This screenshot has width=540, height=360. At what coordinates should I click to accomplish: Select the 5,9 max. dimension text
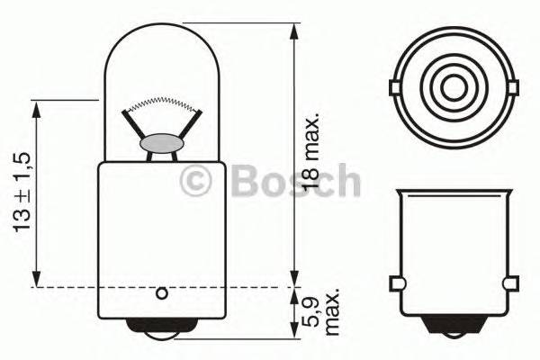(x=321, y=314)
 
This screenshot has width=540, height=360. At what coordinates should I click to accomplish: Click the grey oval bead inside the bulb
(x=163, y=143)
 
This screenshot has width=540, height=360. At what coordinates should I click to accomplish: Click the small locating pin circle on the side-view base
(x=161, y=293)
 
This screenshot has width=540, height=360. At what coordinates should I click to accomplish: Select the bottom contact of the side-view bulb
(x=162, y=330)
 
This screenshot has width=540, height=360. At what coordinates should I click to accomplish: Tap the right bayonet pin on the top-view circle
(x=514, y=88)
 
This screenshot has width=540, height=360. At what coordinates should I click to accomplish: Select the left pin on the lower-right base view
(x=397, y=285)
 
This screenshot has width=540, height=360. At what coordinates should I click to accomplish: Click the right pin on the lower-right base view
(x=514, y=285)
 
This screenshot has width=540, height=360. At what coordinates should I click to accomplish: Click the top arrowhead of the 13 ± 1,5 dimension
(x=39, y=106)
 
